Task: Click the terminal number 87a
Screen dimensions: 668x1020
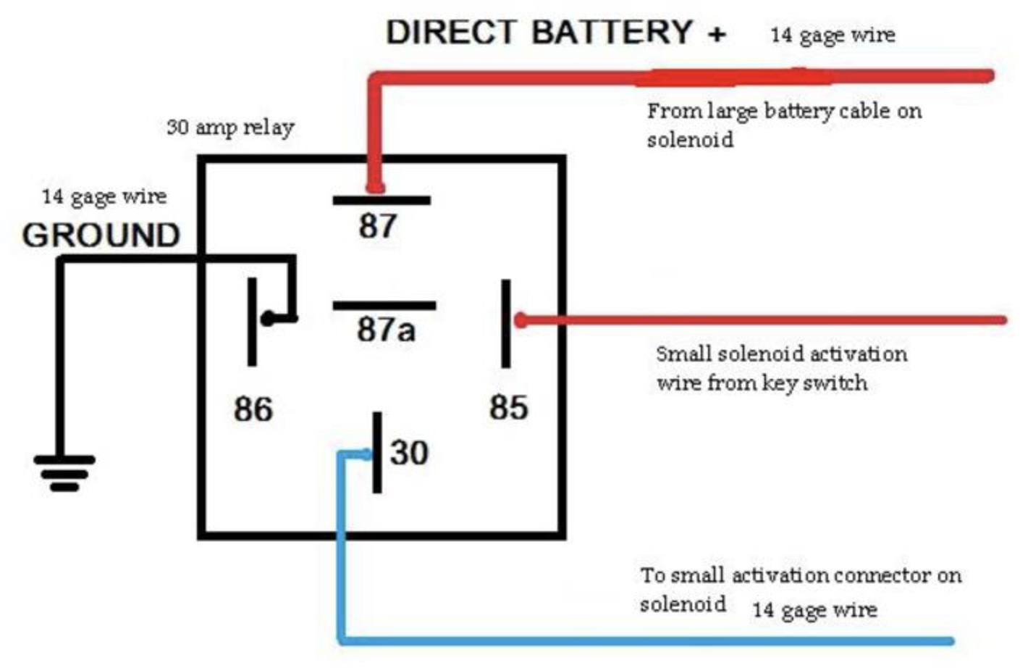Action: tap(386, 330)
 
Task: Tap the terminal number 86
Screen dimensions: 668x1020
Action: tap(253, 409)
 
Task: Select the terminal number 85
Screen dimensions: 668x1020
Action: tap(508, 407)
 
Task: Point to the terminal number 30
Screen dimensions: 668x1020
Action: tap(409, 453)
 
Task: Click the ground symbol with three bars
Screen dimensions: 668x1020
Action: tap(64, 472)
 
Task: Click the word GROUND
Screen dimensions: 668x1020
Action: tap(101, 235)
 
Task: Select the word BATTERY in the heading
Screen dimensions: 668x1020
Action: tap(612, 33)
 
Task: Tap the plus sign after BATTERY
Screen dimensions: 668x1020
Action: tap(717, 34)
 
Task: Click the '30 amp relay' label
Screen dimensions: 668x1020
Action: tap(230, 128)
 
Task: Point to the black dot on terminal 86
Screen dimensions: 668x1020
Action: tap(268, 318)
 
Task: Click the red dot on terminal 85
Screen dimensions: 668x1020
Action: tap(520, 320)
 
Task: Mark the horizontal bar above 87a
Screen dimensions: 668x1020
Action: tap(384, 306)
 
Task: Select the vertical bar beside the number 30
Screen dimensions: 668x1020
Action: tap(377, 452)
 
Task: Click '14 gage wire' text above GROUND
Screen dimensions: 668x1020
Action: tap(104, 196)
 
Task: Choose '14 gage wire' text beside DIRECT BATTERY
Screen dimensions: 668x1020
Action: tap(833, 35)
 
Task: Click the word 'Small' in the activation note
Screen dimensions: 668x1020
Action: tap(683, 354)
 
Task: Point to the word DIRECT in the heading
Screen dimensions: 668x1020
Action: tap(451, 33)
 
